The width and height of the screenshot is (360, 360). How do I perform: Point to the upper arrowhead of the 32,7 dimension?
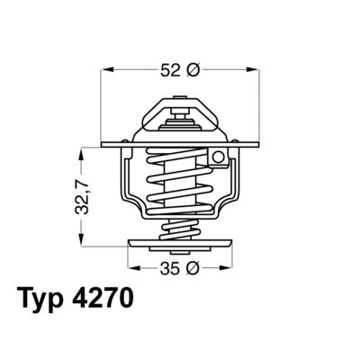[x=82, y=152]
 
